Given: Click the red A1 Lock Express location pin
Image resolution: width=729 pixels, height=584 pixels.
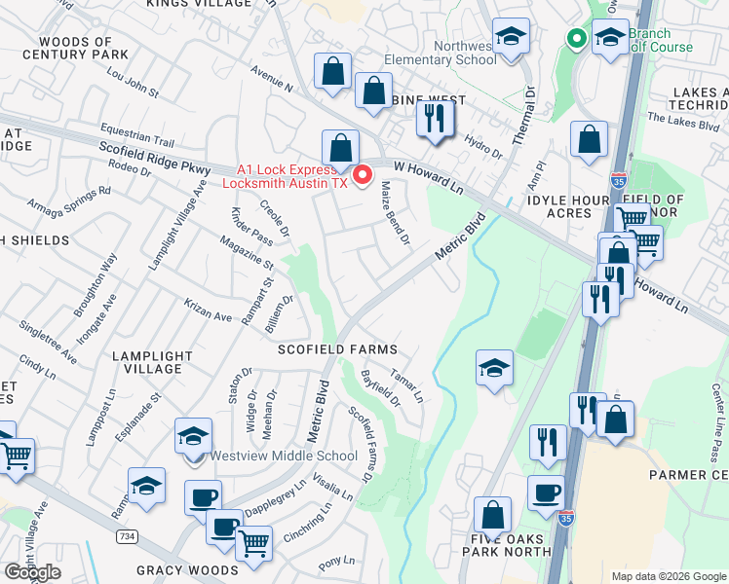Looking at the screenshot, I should coord(363,175).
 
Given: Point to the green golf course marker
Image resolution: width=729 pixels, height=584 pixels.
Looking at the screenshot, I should coord(576,40).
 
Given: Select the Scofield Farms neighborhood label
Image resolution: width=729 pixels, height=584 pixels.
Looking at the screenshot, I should coord(337,349).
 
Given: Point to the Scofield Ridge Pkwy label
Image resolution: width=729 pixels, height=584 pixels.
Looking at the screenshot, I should coord(154,160).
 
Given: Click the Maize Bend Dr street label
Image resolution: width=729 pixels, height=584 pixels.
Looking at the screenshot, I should coord(395,211).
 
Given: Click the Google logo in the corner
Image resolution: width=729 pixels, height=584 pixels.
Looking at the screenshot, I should coord(31,572).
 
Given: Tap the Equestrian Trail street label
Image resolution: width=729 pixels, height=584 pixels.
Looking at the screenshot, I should coord(136,139).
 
